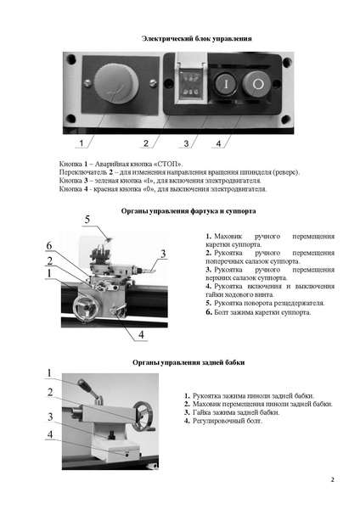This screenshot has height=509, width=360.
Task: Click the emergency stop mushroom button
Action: [116, 84]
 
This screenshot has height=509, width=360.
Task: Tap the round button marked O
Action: [256, 84]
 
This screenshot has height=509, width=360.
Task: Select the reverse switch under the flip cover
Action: [190, 86]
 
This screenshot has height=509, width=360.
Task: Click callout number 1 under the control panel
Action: [82, 143]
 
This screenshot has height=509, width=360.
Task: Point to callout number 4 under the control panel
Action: [218, 143]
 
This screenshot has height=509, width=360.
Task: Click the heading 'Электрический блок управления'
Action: [197, 39]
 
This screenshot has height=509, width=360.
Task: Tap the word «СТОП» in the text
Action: [168, 164]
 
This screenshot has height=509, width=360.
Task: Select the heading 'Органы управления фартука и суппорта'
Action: [188, 211]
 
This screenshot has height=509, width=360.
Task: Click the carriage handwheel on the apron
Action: [83, 306]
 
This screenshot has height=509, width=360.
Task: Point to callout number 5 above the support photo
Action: [87, 220]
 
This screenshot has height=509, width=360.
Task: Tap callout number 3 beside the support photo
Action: [163, 254]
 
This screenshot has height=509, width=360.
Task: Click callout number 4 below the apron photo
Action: [141, 334]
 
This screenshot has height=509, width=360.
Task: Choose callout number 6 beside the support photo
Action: [49, 245]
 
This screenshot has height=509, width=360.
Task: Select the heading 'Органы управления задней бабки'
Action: [188, 362]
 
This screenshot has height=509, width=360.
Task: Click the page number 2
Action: [332, 480]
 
